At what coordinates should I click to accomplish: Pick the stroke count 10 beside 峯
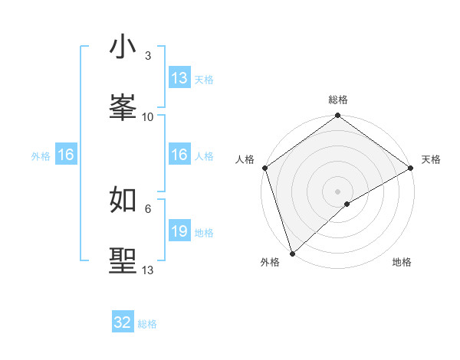[148, 117]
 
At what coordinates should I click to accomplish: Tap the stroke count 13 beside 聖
[148, 270]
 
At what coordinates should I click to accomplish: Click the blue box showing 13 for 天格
[179, 78]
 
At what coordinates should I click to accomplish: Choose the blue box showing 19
[179, 231]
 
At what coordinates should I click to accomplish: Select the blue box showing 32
[123, 322]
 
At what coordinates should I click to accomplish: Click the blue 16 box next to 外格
[66, 155]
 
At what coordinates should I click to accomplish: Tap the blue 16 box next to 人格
[179, 155]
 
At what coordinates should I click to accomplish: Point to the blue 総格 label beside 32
[147, 324]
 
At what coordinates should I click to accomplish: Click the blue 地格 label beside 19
[204, 233]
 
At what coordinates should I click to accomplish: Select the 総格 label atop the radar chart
[338, 100]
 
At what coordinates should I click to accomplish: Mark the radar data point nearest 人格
[264, 168]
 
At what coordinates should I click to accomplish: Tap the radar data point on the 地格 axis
[347, 204]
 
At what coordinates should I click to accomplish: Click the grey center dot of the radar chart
[338, 191]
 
